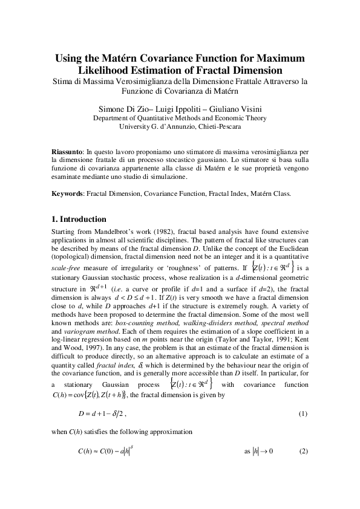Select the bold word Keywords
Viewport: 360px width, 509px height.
pyautogui.click(x=67, y=193)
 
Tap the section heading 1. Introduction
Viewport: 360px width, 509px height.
pyautogui.click(x=79, y=219)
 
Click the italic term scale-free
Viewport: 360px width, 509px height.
pyautogui.click(x=66, y=266)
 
